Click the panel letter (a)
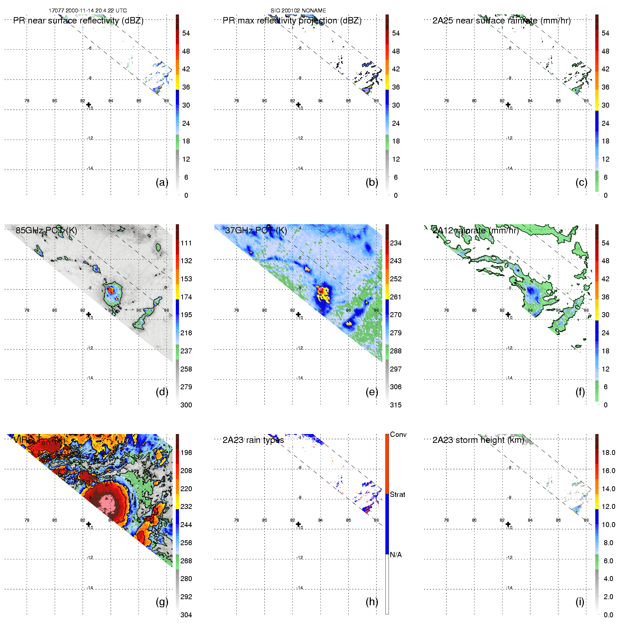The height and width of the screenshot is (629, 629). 162,182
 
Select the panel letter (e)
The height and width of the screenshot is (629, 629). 372,392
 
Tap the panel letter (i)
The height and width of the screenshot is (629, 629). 580,602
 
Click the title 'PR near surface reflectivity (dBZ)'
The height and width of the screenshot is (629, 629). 78,21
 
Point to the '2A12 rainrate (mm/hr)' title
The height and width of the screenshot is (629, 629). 476,231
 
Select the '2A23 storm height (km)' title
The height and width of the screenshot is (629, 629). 478,440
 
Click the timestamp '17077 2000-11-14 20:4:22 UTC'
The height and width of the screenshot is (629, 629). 88,11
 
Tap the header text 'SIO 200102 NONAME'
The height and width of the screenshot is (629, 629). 298,11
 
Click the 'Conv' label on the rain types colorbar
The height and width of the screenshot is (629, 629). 398,434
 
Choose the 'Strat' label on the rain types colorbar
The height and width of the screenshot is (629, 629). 397,494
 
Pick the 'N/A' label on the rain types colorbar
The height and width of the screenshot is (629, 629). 396,555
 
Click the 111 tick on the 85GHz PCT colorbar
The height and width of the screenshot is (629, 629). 186,243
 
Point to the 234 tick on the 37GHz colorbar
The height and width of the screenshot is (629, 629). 396,243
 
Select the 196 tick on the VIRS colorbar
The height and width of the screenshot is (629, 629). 186,452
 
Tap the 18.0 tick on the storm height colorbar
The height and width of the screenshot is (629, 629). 608,452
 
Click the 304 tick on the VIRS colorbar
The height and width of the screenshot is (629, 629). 186,615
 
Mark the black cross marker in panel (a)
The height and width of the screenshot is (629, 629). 89,104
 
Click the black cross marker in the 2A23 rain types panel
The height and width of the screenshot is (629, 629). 298,524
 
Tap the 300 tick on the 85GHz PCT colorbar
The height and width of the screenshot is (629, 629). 186,405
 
